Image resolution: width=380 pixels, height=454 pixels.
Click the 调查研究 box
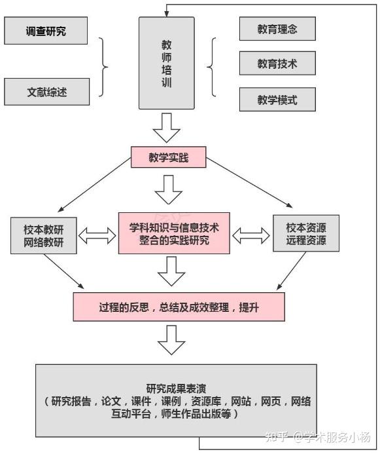[x=46, y=31]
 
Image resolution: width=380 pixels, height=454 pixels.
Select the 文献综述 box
[x=46, y=91]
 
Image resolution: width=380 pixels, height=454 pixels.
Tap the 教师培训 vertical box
[x=167, y=63]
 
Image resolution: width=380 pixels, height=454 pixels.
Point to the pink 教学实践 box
[x=169, y=157]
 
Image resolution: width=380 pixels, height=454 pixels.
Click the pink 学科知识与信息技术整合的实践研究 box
[x=174, y=233]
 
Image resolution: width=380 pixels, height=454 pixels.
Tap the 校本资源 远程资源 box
[x=306, y=234]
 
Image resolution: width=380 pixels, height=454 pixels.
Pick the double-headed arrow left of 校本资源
[x=251, y=235]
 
